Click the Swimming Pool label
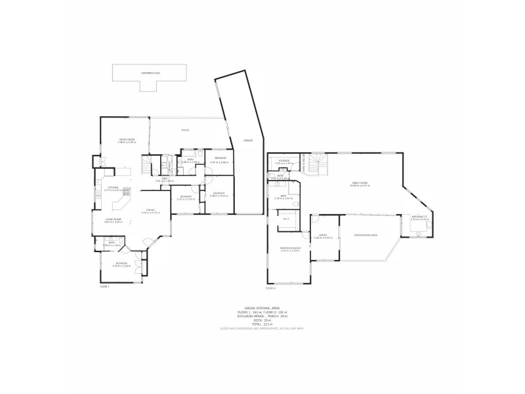point(148,73)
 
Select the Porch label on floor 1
point(186,130)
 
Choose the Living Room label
point(114,221)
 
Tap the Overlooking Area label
point(366,234)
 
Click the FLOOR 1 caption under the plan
point(104,287)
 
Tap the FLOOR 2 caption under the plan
point(270,288)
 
